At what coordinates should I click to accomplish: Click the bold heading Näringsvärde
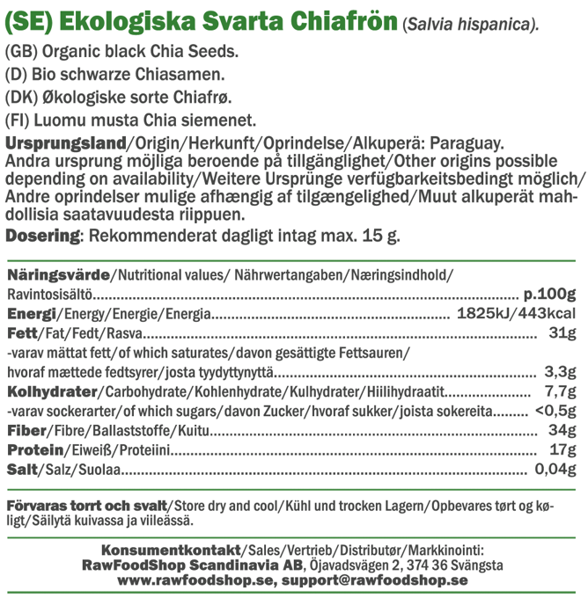tap(57, 274)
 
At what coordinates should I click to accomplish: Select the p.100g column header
tap(548, 294)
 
